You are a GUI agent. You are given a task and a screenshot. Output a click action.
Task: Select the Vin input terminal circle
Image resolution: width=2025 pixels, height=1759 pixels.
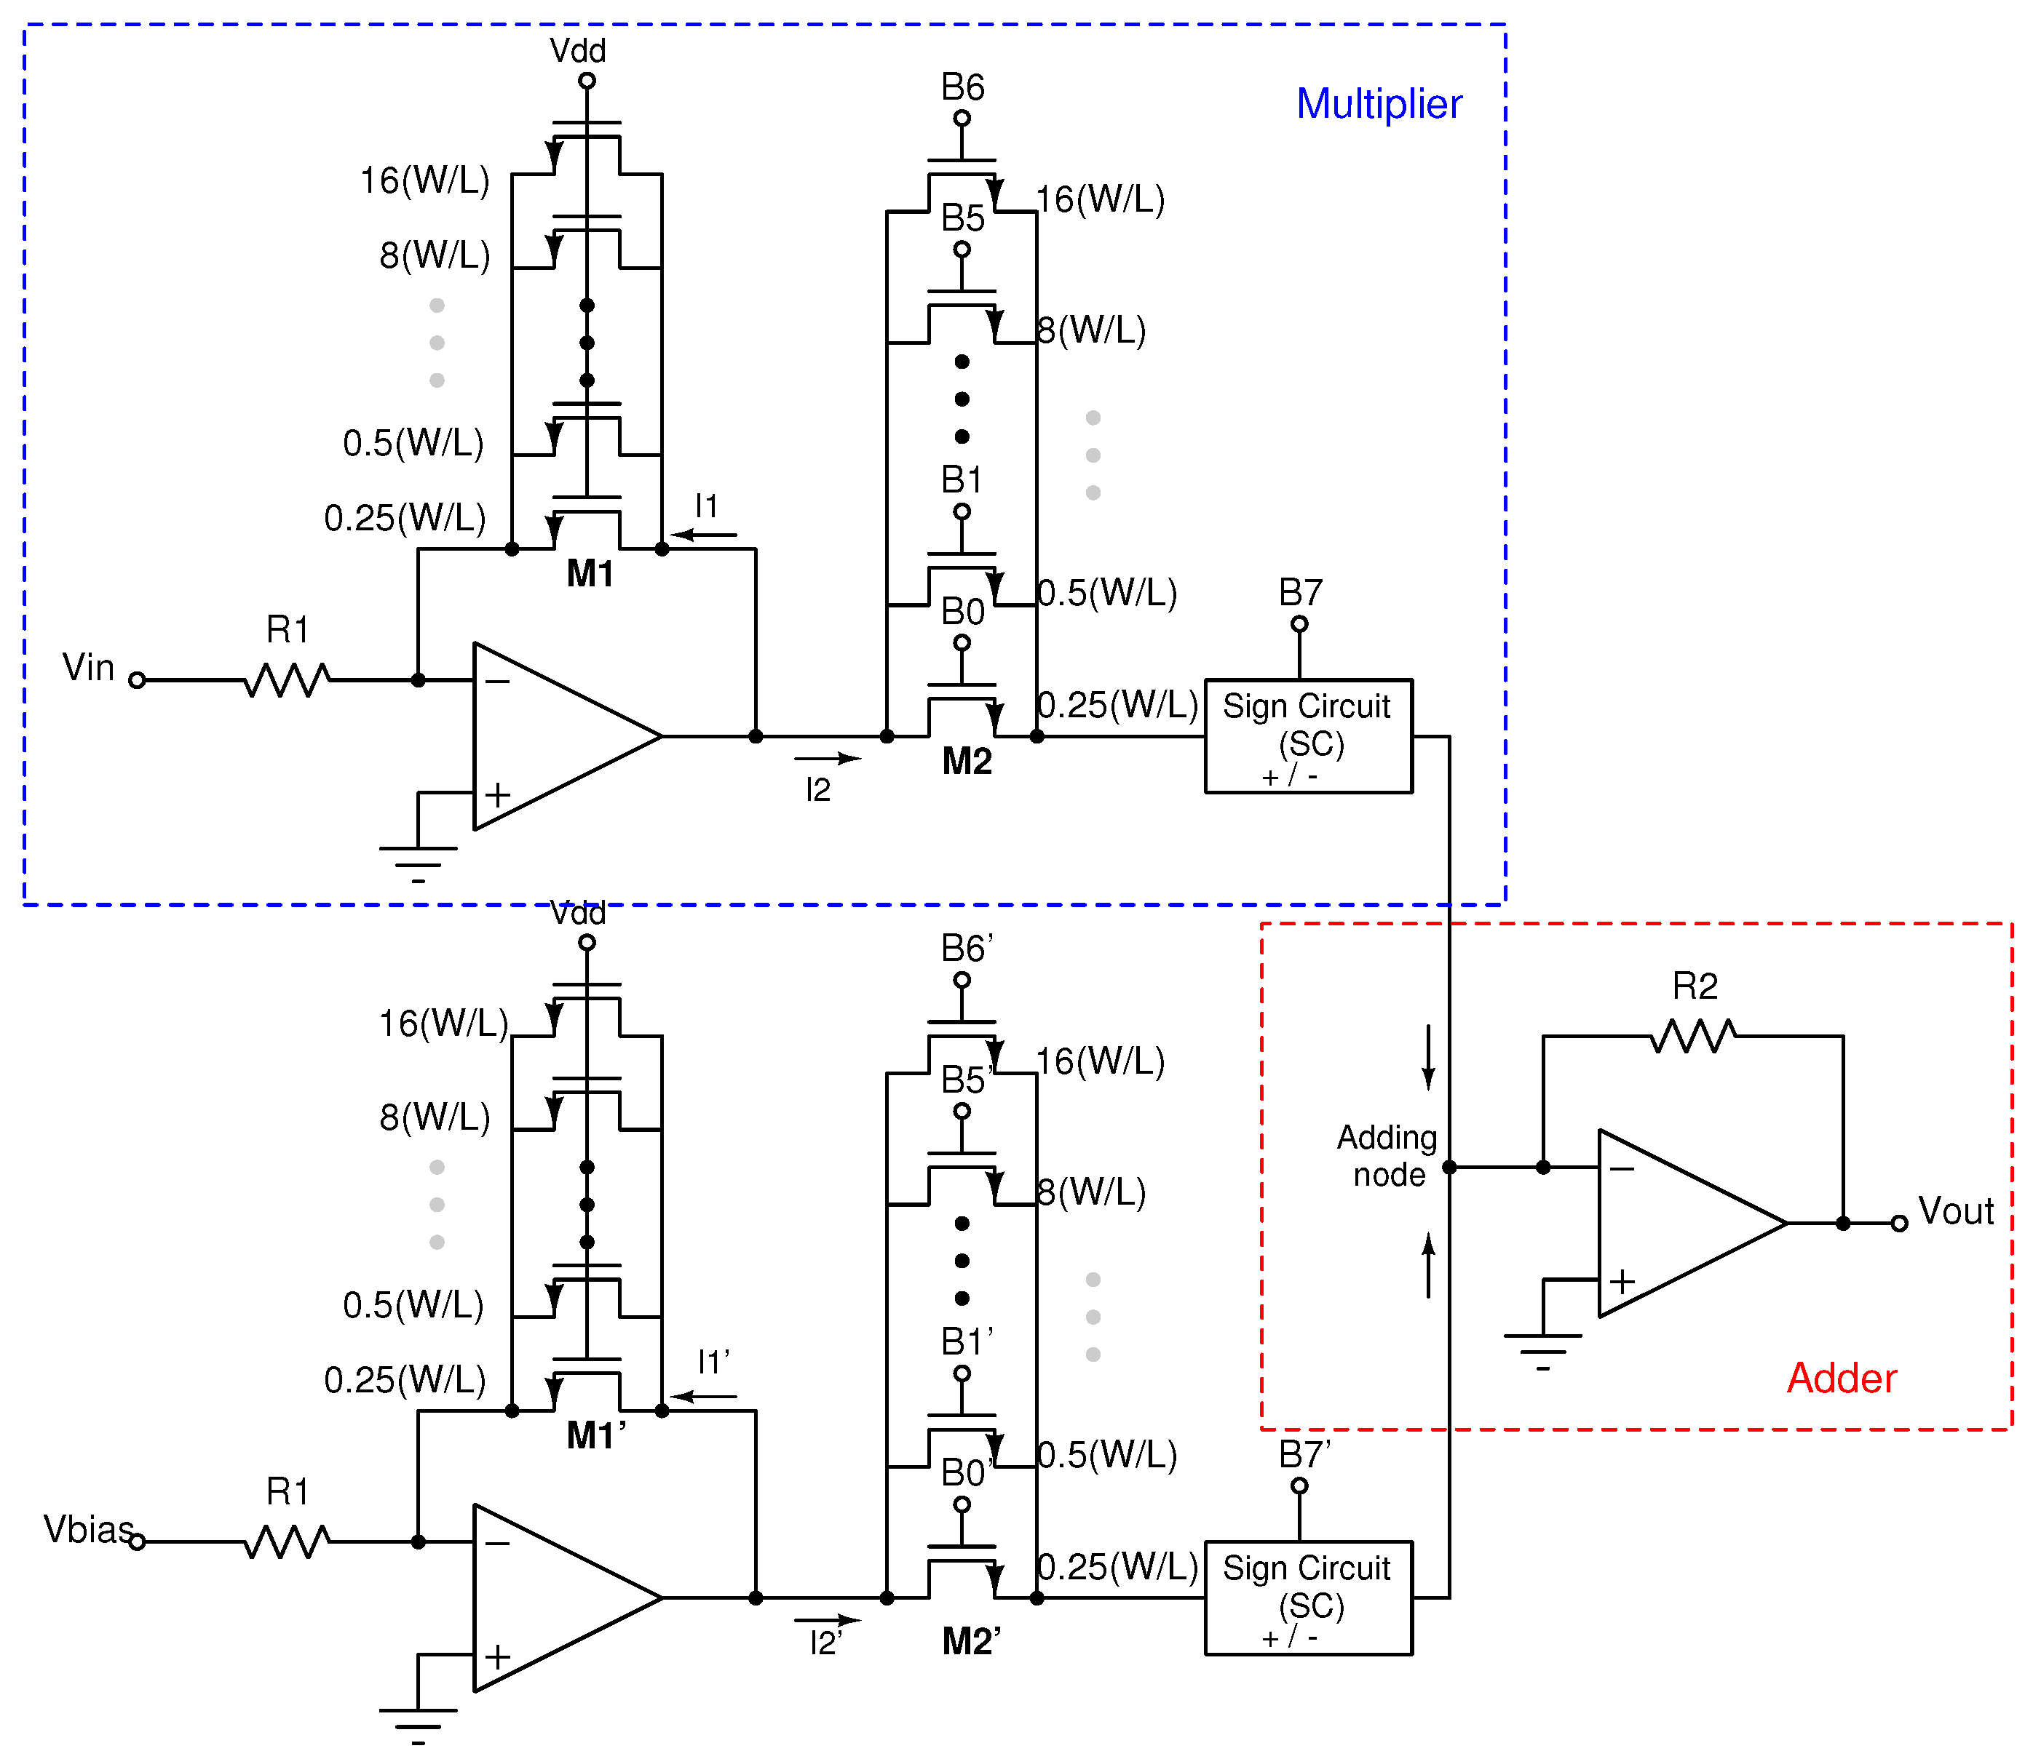coord(138,679)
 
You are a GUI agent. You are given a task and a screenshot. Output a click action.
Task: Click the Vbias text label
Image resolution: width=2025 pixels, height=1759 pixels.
coord(87,1529)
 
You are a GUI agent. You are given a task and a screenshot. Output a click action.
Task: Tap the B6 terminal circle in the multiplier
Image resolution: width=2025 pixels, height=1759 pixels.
coord(962,119)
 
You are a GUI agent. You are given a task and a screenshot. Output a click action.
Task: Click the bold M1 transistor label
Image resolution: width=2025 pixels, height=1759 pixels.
coord(590,574)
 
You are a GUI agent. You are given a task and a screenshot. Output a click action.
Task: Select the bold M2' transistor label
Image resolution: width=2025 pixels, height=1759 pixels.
coord(970,1641)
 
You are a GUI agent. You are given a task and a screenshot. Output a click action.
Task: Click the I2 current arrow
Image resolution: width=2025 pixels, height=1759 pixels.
coord(827,758)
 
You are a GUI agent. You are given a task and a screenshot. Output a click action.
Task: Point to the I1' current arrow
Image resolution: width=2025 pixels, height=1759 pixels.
coord(702,1396)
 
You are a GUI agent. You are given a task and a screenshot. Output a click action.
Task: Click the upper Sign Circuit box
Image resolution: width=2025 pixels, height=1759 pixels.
coord(1307,735)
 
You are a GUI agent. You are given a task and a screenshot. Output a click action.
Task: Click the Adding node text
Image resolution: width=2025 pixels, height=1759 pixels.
coord(1387,1155)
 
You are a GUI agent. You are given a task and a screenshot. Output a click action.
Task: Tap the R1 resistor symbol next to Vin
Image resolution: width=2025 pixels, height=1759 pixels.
coord(287,679)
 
